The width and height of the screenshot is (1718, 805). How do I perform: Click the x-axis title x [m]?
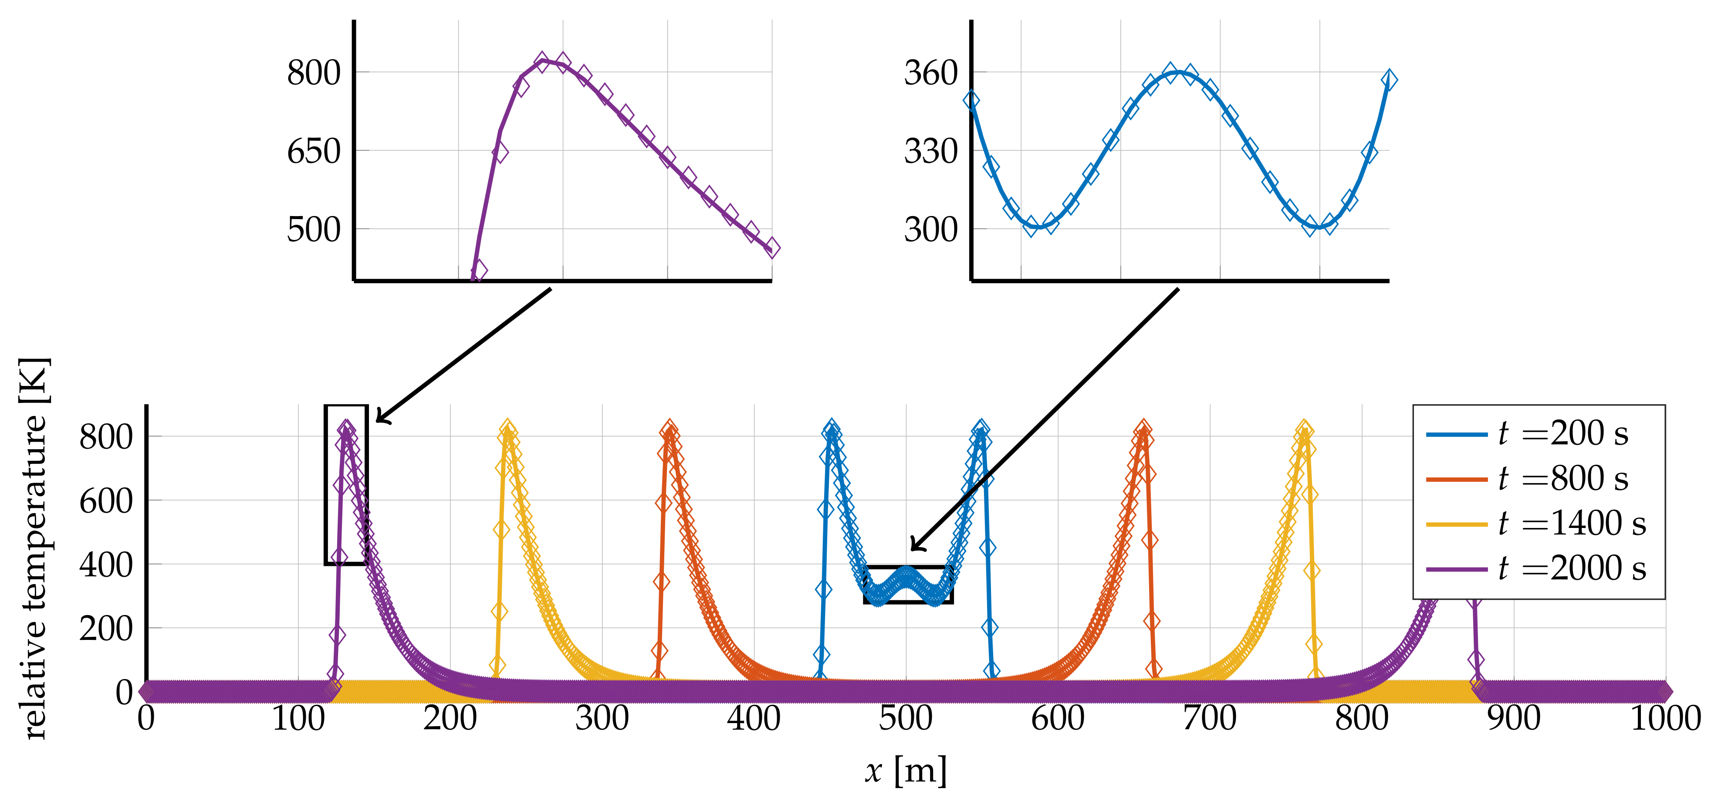click(x=906, y=771)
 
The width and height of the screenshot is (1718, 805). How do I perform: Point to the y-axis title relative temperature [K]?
click(x=34, y=548)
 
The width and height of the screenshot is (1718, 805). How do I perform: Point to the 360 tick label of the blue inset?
click(x=930, y=73)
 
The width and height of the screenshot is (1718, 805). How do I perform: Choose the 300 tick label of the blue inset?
click(x=930, y=230)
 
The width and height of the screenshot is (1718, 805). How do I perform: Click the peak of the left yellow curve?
click(x=507, y=429)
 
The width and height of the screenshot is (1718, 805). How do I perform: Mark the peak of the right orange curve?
click(x=1143, y=429)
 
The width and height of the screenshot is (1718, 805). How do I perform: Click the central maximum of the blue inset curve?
click(x=1179, y=72)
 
